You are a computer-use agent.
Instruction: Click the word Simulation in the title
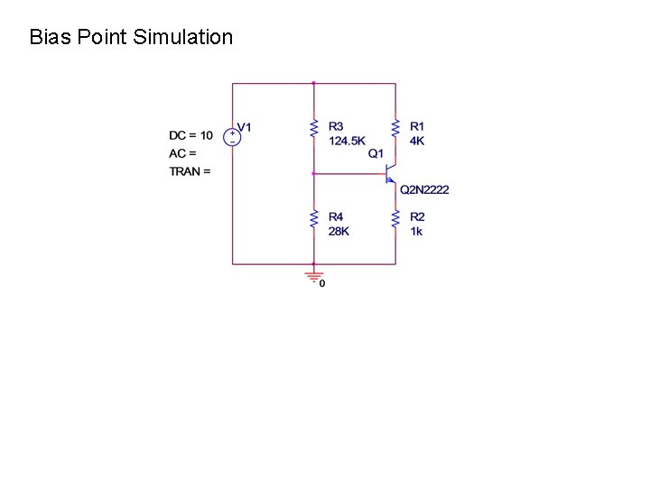(182, 37)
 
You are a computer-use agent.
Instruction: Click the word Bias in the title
(48, 37)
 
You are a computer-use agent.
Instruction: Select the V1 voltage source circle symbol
(232, 136)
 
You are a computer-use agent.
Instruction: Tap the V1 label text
(245, 127)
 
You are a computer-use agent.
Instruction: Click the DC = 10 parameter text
(190, 135)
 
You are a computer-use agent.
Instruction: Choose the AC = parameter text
(182, 153)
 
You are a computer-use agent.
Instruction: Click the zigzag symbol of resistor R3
(313, 129)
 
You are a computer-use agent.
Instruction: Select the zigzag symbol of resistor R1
(395, 129)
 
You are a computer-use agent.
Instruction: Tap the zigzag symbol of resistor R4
(313, 219)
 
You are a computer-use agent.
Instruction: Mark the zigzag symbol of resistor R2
(395, 219)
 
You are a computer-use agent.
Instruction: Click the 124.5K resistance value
(347, 141)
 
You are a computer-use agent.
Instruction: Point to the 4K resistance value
(416, 141)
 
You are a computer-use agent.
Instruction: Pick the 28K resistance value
(338, 232)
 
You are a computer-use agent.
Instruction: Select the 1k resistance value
(415, 232)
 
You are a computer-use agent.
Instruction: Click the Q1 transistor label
(376, 154)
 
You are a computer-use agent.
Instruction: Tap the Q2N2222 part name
(424, 189)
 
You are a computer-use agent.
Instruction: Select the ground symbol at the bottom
(313, 273)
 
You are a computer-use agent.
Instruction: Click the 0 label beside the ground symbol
(322, 284)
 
